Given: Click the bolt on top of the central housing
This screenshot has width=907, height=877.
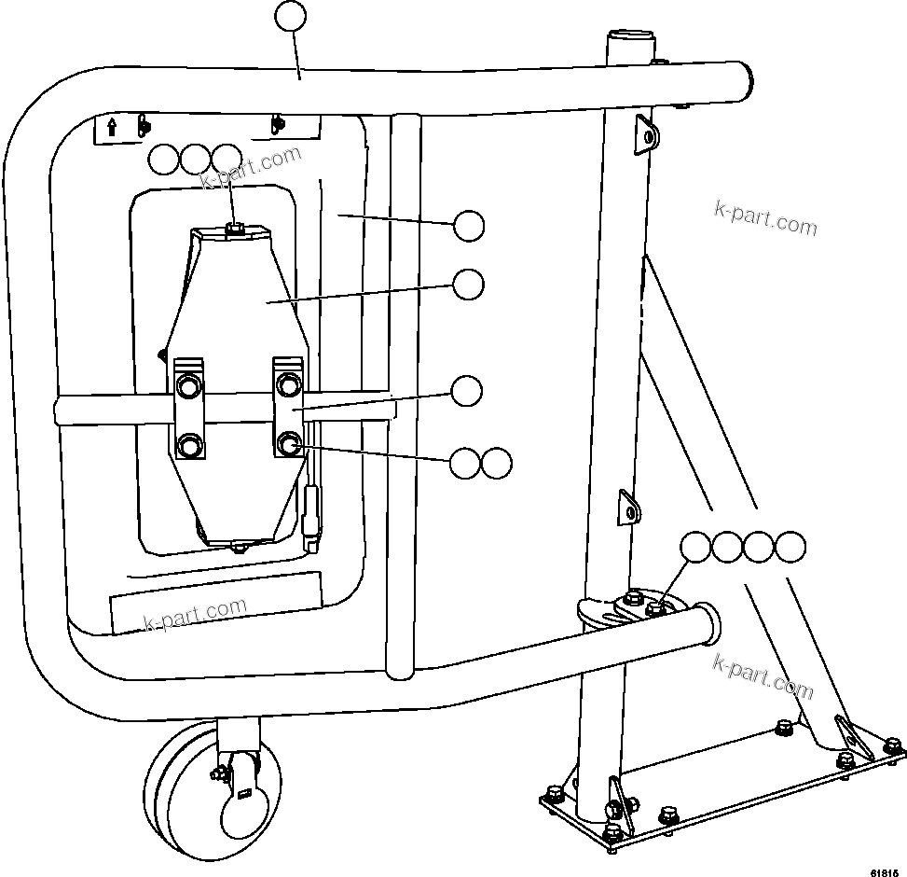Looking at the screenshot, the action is (x=236, y=227).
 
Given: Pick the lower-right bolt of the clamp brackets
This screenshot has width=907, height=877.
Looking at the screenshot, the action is (x=289, y=443).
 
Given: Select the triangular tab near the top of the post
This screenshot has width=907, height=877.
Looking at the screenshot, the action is (x=644, y=132).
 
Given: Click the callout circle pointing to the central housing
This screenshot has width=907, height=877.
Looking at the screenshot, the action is (x=468, y=285).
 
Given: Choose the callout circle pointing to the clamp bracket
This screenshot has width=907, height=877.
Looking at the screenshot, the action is (x=467, y=391).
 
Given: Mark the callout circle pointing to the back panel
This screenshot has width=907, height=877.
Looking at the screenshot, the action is (x=468, y=225).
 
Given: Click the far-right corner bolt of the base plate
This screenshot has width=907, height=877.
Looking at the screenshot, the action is (x=893, y=745).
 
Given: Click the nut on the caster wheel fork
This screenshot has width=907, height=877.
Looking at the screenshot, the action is (x=220, y=772).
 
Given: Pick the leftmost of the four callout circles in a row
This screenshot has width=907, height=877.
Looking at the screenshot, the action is (x=696, y=548).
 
